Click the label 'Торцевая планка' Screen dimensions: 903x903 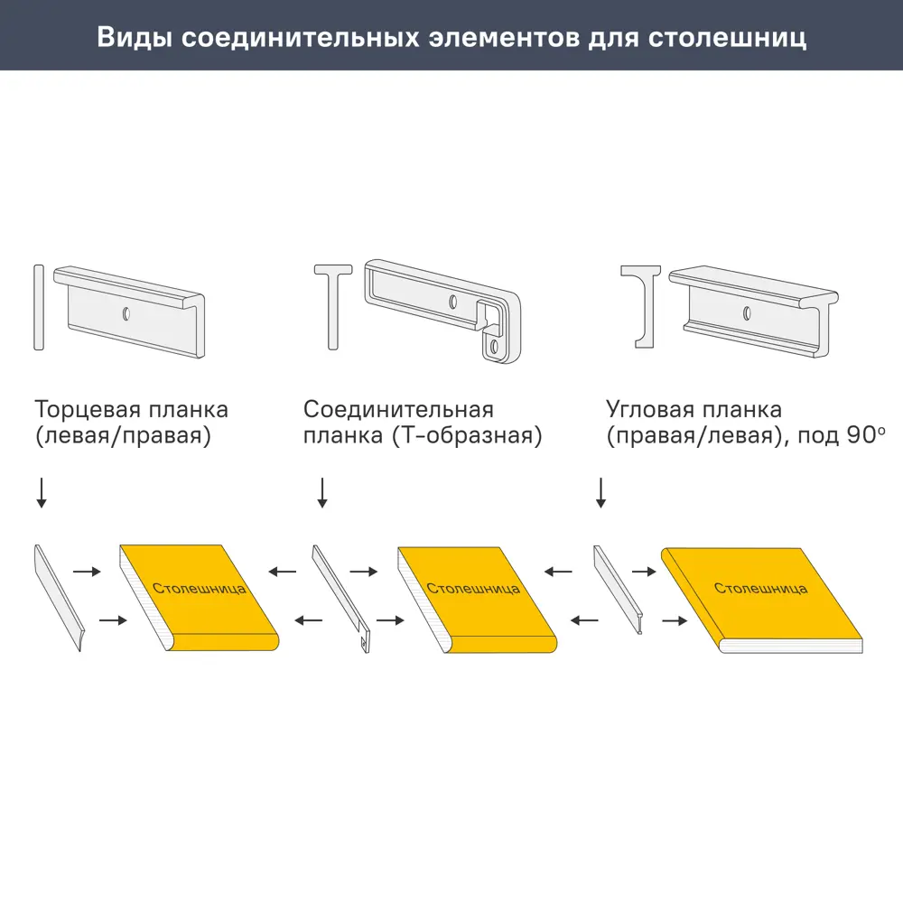131,410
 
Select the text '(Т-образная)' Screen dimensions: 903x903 465,436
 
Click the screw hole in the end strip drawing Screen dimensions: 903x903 126,313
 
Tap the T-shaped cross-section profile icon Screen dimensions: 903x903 334,307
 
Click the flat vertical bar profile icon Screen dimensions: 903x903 37,307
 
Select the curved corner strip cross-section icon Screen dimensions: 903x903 642,306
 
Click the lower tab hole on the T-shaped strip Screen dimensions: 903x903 493,346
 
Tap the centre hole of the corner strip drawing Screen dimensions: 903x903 746,312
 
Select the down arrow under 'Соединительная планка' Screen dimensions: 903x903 322,492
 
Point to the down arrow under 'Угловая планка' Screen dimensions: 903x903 600,492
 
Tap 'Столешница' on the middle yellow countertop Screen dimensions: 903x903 473,588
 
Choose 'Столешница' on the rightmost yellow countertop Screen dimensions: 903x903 760,588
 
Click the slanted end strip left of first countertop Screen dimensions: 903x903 59,597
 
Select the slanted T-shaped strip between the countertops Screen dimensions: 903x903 340,596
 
